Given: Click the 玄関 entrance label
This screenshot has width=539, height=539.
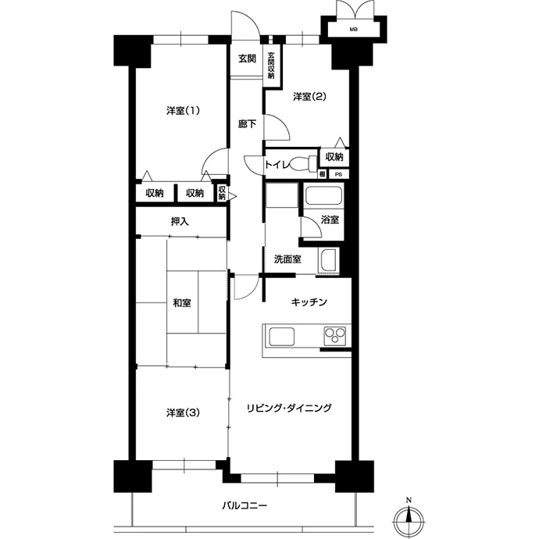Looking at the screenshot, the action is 247,59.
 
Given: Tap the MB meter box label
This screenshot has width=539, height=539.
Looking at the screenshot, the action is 354,30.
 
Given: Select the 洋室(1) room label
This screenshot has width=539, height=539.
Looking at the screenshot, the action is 184,111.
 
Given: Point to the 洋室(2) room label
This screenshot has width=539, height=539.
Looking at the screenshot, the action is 309,97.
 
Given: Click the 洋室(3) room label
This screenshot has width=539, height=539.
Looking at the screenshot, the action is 184,412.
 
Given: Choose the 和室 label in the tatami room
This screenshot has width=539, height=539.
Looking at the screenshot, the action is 182,303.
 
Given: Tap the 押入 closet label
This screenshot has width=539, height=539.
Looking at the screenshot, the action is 180,222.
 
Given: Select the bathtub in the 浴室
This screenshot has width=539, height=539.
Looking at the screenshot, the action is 323,195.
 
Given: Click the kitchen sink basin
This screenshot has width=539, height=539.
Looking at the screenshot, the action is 282,337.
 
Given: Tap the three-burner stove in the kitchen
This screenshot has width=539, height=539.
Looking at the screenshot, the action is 335,336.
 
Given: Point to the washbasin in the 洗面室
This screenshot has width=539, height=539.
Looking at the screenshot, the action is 328,260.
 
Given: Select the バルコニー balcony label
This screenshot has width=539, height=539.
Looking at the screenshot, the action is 245,505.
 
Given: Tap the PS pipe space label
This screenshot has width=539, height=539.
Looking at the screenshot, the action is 338,175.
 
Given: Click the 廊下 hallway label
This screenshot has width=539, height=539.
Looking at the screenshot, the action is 247,123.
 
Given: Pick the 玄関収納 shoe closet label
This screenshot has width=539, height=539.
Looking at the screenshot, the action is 271,66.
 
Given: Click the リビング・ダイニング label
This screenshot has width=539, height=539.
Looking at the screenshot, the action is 290,408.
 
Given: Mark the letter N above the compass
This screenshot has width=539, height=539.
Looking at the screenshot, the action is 409,500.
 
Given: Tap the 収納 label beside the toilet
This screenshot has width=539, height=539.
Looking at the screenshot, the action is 334,157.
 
